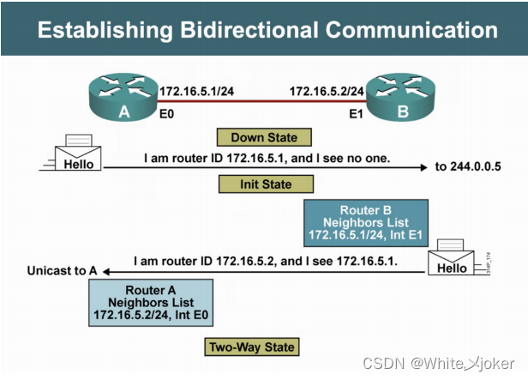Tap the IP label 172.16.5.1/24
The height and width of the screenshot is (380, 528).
[191, 89]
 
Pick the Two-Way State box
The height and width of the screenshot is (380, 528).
[251, 347]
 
